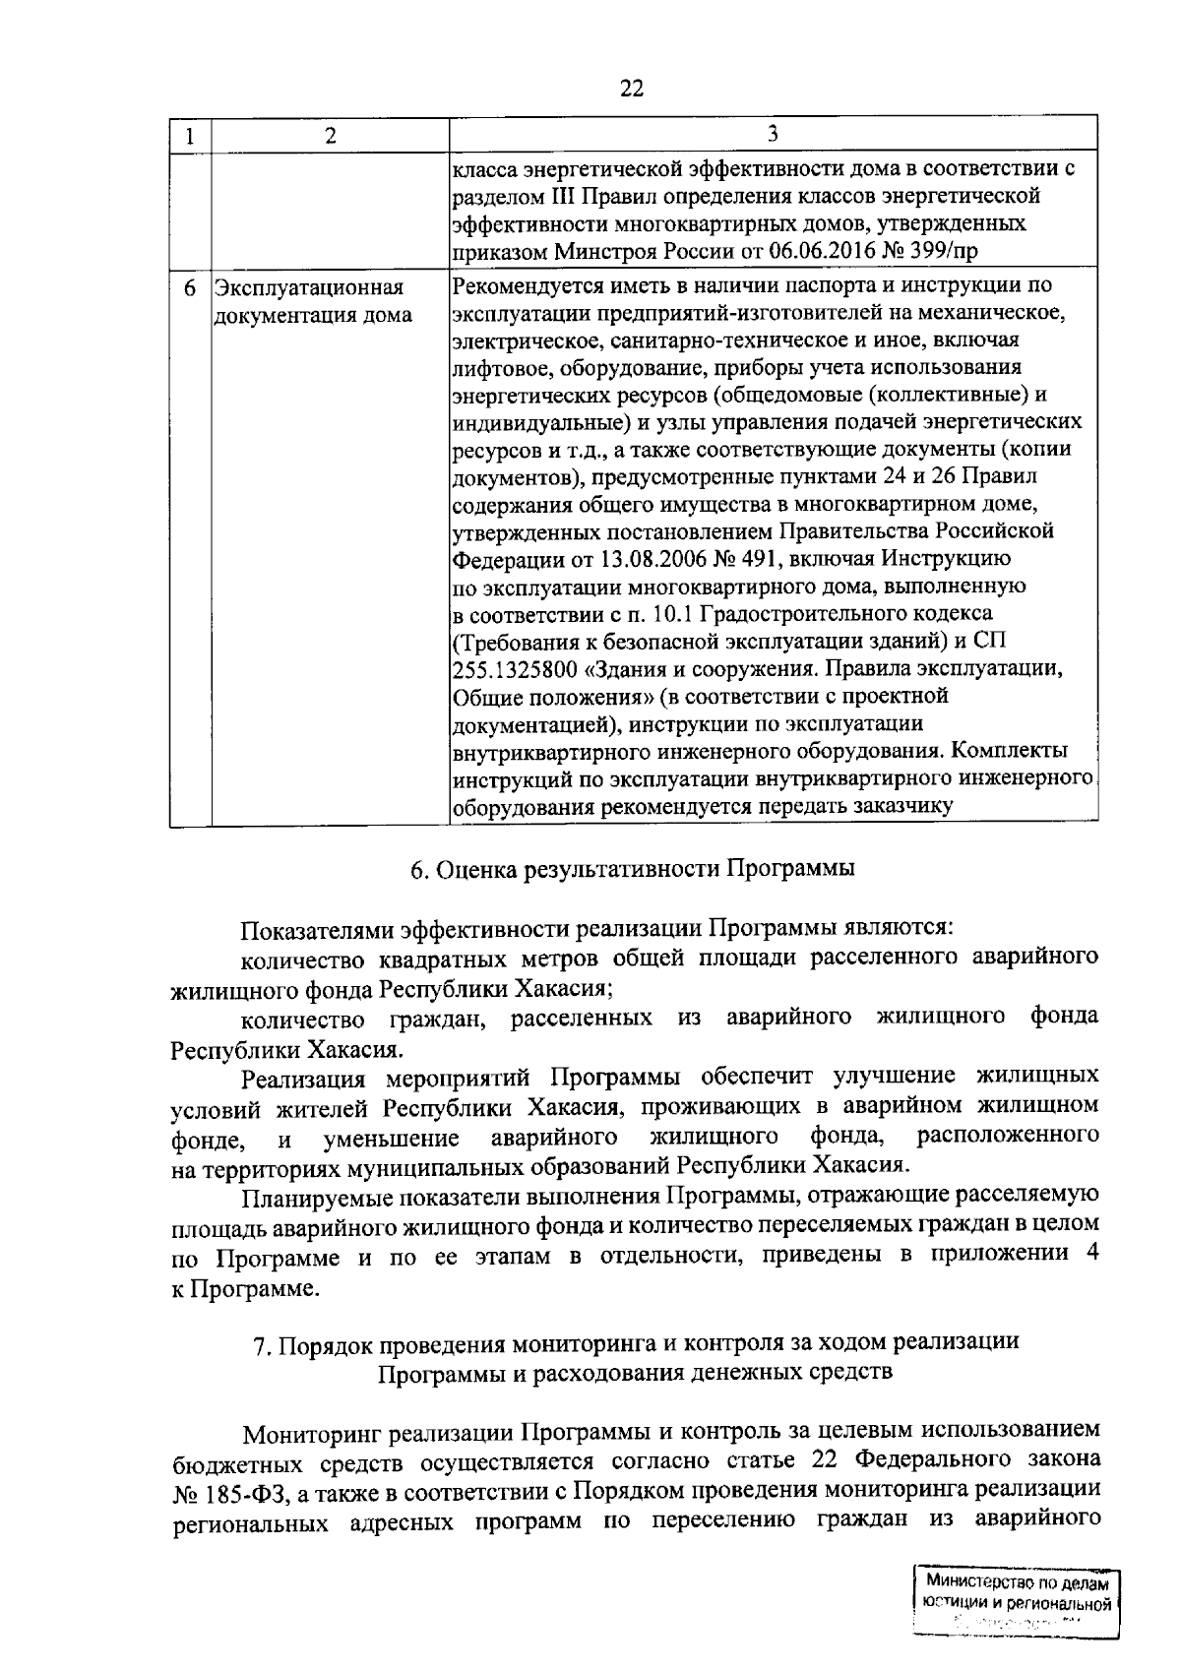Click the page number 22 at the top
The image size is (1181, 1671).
point(631,89)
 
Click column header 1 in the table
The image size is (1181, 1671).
point(189,136)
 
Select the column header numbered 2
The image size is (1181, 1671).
point(330,136)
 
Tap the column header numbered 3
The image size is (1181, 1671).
point(773,134)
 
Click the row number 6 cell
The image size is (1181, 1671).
point(189,288)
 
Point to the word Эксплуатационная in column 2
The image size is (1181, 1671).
point(310,288)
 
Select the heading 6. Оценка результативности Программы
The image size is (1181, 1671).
point(632,869)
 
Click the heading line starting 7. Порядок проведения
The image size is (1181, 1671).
point(636,1343)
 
